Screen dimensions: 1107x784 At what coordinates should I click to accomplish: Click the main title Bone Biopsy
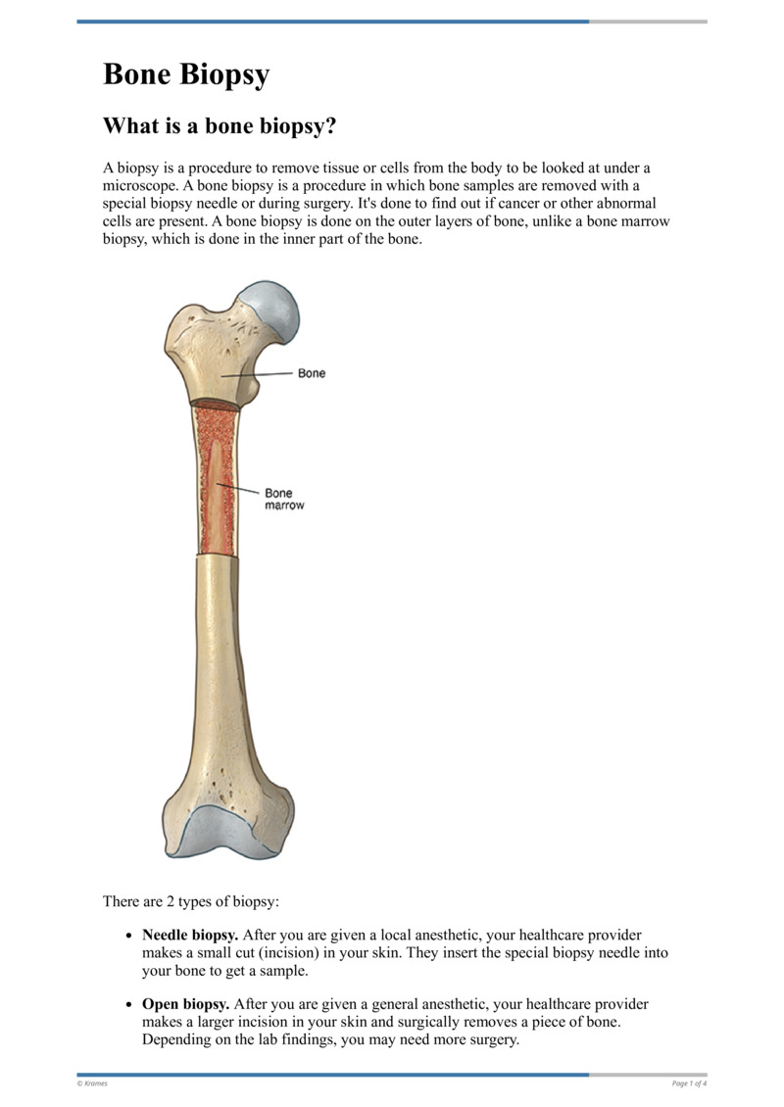(x=186, y=74)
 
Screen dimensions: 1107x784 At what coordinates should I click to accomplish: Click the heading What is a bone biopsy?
(x=220, y=126)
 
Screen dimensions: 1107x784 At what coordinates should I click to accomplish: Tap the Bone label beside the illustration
(x=312, y=373)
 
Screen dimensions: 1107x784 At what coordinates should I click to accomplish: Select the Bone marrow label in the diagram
(x=283, y=499)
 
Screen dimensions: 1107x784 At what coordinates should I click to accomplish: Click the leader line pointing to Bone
(x=260, y=374)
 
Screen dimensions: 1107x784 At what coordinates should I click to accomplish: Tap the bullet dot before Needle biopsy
(x=128, y=937)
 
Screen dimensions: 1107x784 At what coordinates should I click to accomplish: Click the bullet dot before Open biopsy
(x=128, y=1005)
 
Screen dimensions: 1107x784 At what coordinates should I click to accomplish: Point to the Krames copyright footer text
(x=93, y=1083)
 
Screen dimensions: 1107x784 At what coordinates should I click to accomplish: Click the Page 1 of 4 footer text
(x=689, y=1083)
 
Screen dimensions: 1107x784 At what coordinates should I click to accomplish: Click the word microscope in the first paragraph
(x=138, y=186)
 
